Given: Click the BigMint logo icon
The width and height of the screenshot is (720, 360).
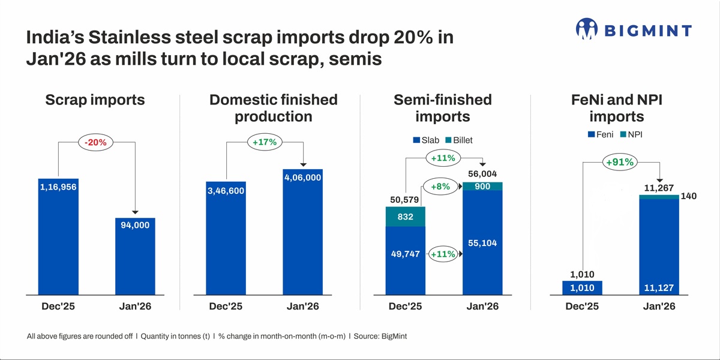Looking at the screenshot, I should click(587, 29).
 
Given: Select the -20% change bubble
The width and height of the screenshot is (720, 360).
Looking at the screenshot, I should click(96, 143).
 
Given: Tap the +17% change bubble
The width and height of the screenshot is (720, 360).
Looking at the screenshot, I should click(265, 143).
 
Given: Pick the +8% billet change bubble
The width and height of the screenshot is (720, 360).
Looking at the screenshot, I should click(441, 187).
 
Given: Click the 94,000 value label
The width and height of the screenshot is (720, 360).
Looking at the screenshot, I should click(135, 225).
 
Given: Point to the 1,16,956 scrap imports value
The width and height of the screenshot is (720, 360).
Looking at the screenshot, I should click(58, 187).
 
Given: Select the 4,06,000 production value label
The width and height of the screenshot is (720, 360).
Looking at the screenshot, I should click(302, 178).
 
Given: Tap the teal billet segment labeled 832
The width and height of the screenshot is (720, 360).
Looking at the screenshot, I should click(405, 217).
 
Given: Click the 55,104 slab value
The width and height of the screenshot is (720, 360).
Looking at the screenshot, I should click(482, 243).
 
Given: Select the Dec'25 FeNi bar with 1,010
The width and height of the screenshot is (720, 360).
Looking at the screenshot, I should click(582, 288).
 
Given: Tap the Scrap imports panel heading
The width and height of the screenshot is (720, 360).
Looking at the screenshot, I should click(95, 100).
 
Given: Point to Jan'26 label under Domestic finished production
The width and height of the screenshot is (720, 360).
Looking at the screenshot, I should click(302, 306).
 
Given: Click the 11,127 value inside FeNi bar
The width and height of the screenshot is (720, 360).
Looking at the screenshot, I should click(658, 288).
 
